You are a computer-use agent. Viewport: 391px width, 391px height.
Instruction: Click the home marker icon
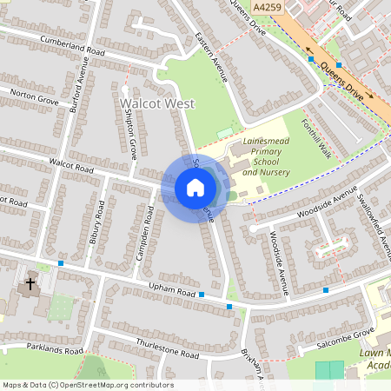[x=195, y=188]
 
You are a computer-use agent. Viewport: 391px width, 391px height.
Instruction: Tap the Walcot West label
[x=156, y=104]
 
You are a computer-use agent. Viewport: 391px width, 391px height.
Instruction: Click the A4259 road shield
[x=268, y=6]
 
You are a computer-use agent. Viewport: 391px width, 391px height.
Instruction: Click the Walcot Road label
[x=71, y=163]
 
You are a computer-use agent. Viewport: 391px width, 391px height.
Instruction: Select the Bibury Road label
[x=97, y=223]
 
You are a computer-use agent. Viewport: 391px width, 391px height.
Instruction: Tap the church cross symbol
[x=30, y=284]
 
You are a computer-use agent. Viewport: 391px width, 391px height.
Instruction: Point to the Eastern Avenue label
[x=211, y=59]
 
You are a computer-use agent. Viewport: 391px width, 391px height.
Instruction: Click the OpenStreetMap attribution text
[x=88, y=385]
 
